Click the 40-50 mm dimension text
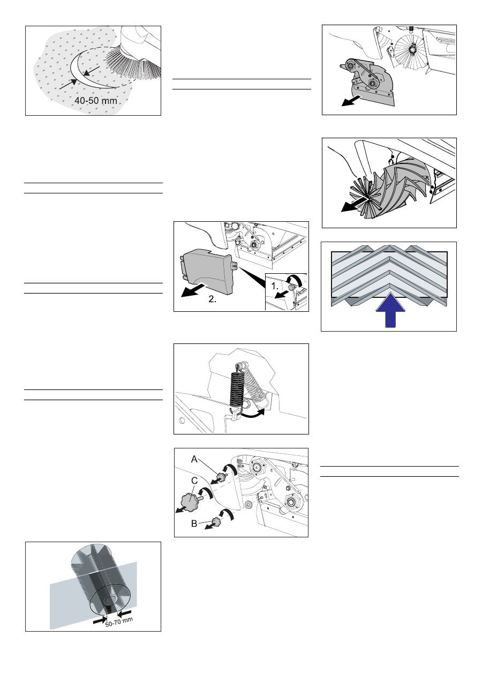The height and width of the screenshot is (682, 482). click(95, 101)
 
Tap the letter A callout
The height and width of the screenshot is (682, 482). click(194, 459)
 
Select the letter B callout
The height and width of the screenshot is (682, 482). click(194, 523)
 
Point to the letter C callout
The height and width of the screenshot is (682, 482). click(194, 481)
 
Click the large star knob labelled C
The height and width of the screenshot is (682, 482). click(190, 501)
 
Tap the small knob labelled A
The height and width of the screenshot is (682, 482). click(221, 476)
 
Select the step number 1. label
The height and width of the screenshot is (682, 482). click(275, 287)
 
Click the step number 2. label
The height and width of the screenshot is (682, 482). click(213, 299)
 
